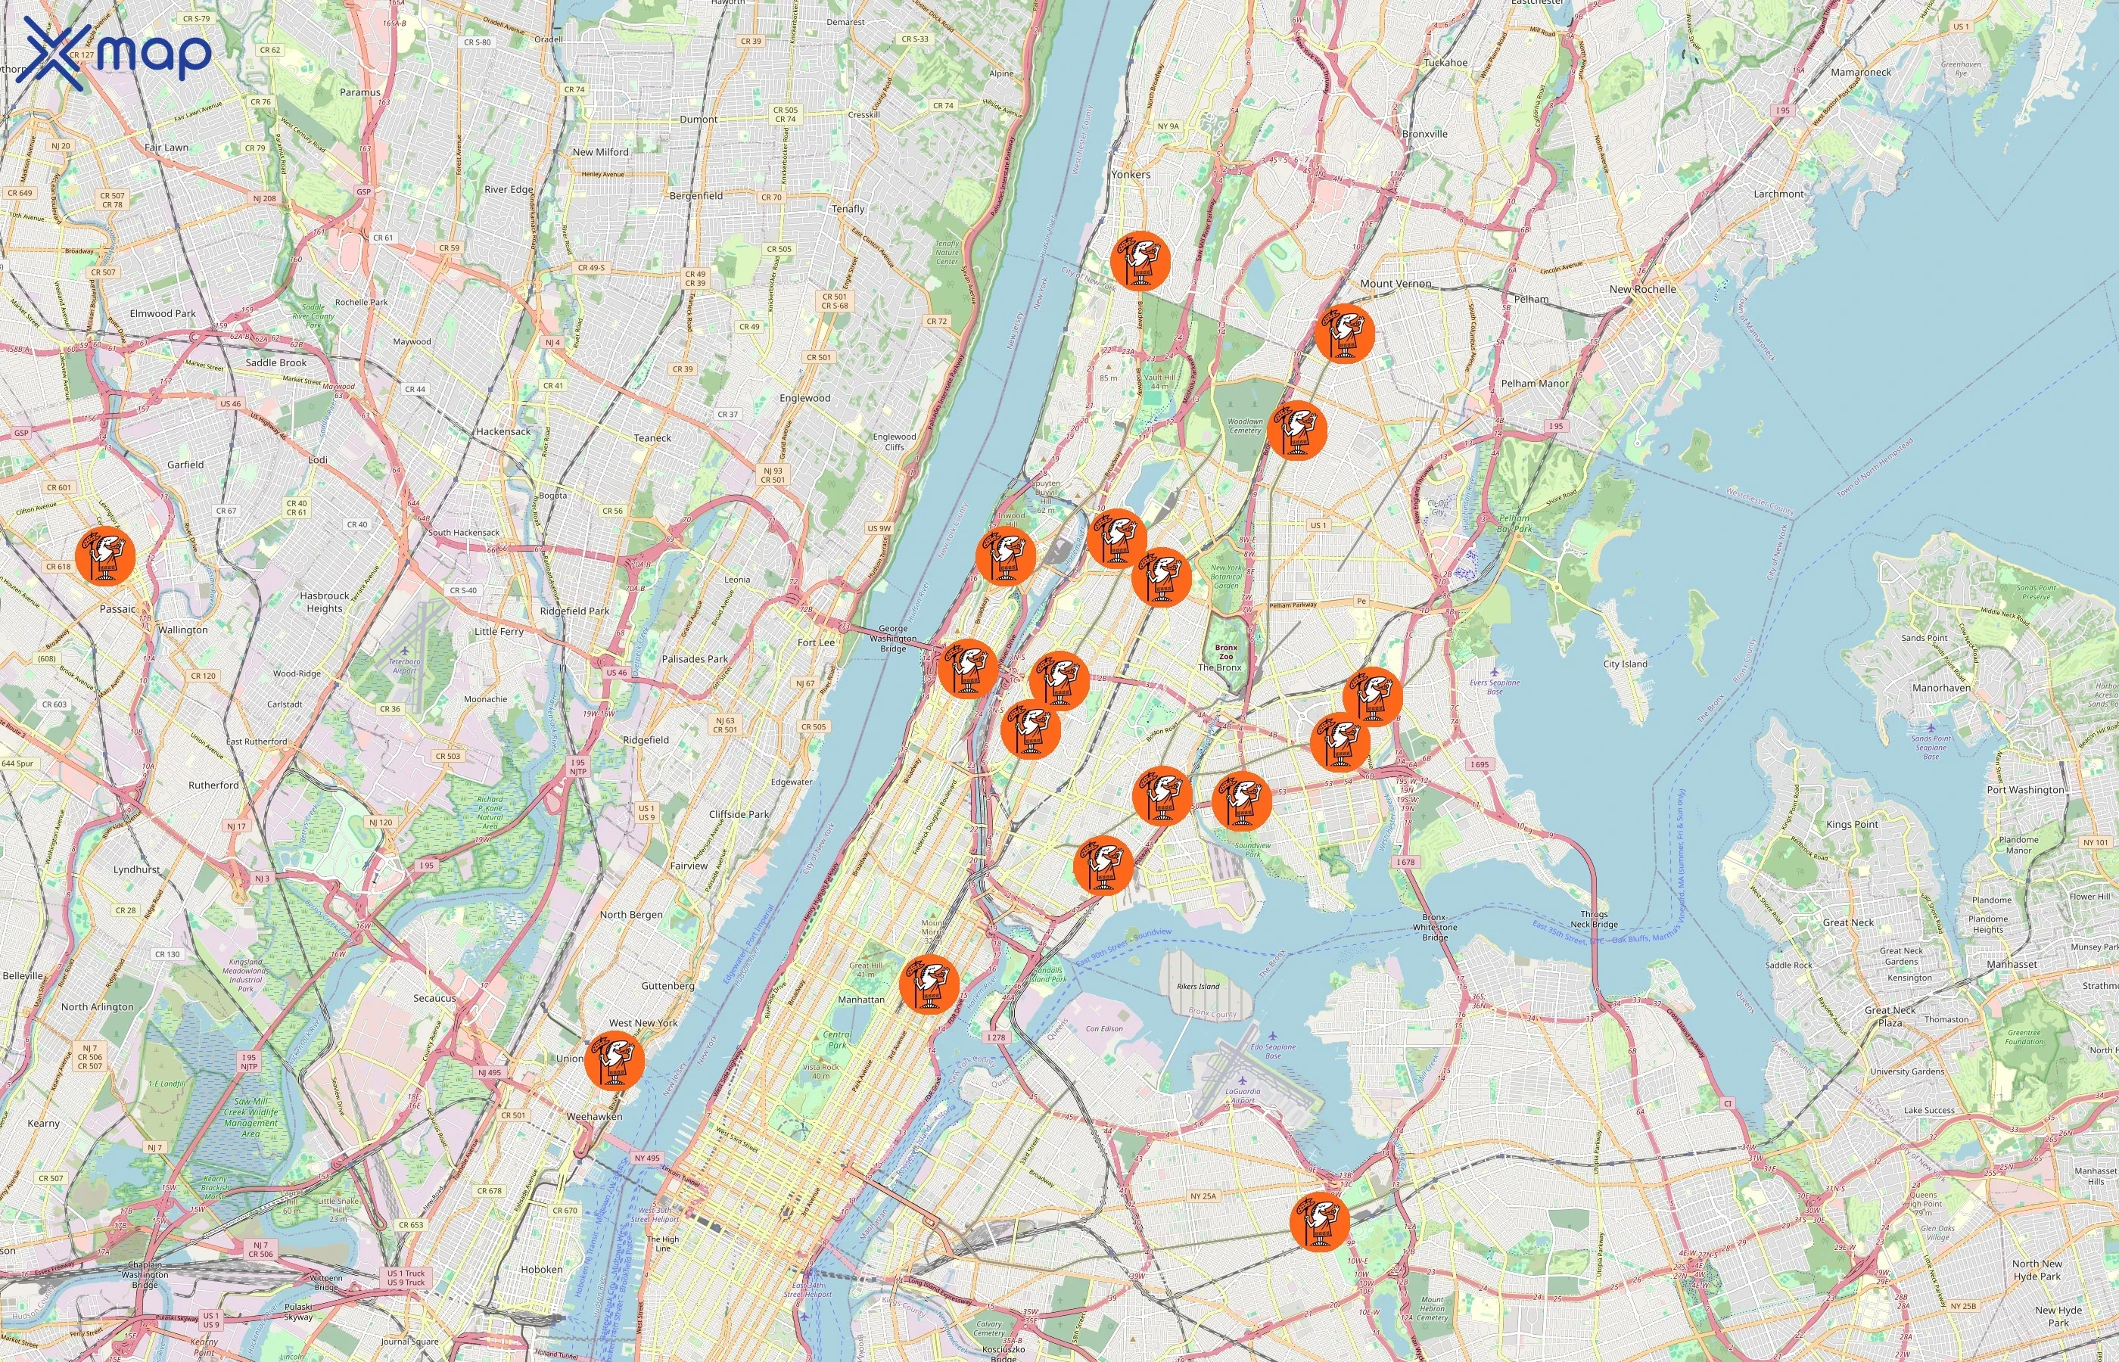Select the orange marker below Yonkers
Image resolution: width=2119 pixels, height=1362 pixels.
tap(1140, 260)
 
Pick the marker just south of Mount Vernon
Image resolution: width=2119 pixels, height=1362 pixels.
tap(1344, 332)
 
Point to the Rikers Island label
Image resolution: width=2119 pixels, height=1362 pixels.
tap(1198, 986)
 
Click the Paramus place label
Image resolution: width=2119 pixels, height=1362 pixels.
tap(360, 92)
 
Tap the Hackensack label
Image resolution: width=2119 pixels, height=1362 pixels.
tap(503, 431)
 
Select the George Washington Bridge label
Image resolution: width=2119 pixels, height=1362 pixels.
tap(892, 639)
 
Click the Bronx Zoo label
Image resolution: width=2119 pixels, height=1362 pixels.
tap(1226, 651)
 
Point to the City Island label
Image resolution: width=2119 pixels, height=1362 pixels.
tap(1625, 664)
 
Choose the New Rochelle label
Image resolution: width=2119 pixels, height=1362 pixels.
tap(1642, 289)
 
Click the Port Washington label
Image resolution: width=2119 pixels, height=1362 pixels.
tap(2024, 790)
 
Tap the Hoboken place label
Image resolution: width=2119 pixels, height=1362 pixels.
tap(541, 1269)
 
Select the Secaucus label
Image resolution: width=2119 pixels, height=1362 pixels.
tap(434, 999)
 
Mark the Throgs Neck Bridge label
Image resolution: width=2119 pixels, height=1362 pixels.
tap(1594, 919)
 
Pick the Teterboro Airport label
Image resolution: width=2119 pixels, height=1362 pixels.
tap(404, 665)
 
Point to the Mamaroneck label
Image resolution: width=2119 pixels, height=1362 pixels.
tap(1861, 73)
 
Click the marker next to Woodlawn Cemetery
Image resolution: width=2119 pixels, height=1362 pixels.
tap(1296, 431)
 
